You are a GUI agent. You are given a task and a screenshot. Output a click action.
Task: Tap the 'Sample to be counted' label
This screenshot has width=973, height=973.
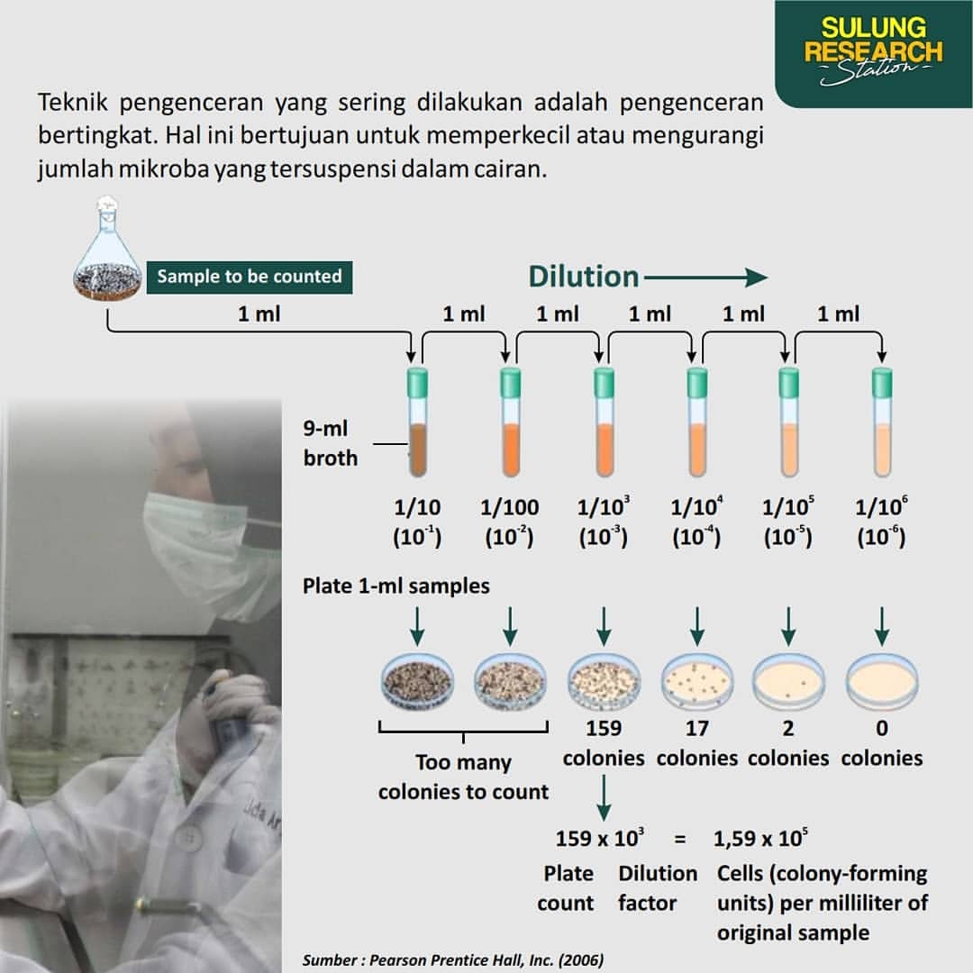click(250, 277)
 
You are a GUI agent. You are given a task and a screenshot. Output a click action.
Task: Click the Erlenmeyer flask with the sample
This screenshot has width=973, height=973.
click(106, 250)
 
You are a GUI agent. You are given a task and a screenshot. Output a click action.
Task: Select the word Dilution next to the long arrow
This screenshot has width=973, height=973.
click(583, 277)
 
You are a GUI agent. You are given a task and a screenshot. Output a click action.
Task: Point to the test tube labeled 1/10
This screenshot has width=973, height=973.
click(417, 422)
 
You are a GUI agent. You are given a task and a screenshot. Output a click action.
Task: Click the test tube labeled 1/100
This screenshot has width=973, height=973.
click(510, 422)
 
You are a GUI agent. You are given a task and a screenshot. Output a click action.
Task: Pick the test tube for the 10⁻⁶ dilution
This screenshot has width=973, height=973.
click(882, 422)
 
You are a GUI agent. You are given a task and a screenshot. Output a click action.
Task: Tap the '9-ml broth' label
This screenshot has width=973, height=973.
click(330, 443)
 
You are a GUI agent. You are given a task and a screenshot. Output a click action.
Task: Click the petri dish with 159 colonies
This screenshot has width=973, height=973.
click(604, 683)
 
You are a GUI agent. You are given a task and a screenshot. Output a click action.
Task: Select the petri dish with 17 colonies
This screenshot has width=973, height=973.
click(696, 683)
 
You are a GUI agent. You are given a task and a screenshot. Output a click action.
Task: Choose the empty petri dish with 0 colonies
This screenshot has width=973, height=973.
click(882, 683)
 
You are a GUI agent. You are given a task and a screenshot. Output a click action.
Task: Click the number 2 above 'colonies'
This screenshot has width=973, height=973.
click(788, 728)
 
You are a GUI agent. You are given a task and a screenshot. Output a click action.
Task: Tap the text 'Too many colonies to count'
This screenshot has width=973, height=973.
click(464, 777)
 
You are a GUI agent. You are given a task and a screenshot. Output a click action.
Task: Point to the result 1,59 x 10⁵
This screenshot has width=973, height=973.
click(760, 838)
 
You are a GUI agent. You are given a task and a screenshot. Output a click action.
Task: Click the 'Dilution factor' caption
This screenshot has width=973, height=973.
click(658, 888)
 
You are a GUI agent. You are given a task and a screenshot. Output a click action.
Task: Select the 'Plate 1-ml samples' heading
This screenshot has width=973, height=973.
click(396, 586)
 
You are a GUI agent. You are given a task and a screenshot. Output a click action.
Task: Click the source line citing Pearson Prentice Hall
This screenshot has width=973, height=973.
click(453, 960)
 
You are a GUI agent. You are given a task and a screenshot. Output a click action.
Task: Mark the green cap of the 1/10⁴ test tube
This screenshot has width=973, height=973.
click(696, 382)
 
